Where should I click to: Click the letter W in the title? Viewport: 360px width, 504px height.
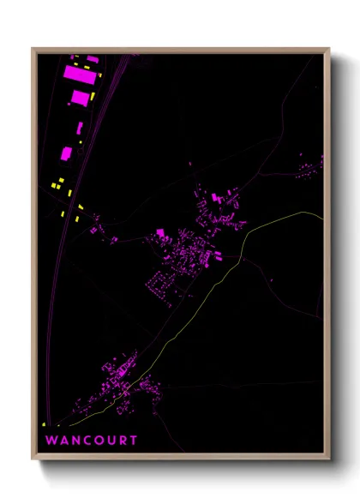point(51,441)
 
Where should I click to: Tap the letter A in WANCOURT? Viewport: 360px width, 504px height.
point(63,441)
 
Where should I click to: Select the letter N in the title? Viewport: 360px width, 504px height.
point(75,441)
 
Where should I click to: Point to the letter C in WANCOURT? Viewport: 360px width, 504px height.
point(87,441)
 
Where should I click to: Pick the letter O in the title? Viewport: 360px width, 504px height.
point(99,441)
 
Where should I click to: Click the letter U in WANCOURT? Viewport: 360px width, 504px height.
point(111,441)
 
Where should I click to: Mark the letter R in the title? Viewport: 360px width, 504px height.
point(122,441)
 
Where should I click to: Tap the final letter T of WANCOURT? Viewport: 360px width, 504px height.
point(133,441)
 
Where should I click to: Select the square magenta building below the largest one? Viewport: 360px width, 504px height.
point(80,98)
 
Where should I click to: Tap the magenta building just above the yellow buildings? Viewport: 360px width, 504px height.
point(67,153)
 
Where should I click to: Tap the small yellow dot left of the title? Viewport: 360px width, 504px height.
point(43,425)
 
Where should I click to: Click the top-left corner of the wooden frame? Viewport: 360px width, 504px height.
point(33,49)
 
